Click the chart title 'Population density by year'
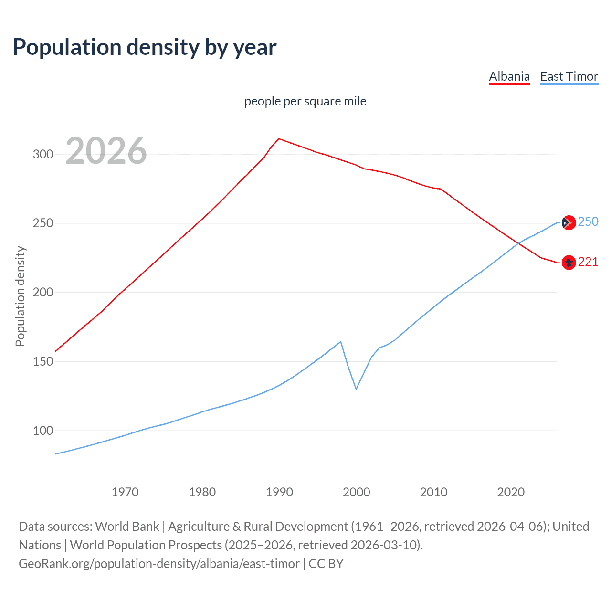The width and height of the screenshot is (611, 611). tap(145, 47)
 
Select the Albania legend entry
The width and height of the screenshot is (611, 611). tap(509, 76)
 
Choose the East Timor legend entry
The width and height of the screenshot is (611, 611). tap(569, 76)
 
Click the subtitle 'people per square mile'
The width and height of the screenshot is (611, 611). tap(305, 101)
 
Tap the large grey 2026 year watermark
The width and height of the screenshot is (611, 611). tap(106, 151)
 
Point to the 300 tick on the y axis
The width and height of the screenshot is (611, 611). tap(42, 154)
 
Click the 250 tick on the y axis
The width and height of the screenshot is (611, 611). tap(42, 223)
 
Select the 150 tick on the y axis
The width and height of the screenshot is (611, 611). tap(42, 361)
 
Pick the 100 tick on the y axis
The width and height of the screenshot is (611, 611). tap(42, 431)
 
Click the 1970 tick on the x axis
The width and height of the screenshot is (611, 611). tap(125, 492)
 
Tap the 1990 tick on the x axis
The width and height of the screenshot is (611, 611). tap(279, 492)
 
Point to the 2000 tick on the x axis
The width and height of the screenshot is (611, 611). tap(357, 492)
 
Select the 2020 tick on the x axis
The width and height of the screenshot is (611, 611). tap(511, 492)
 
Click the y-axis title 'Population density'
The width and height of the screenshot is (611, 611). tap(20, 296)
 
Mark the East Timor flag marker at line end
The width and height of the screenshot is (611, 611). tap(568, 222)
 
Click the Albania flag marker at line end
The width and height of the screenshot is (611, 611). tap(568, 262)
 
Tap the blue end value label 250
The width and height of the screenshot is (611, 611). tap(588, 221)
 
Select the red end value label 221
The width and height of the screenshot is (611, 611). tap(588, 262)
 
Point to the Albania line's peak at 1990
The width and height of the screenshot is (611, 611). tap(279, 139)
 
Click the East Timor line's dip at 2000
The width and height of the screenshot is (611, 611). tap(356, 389)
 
